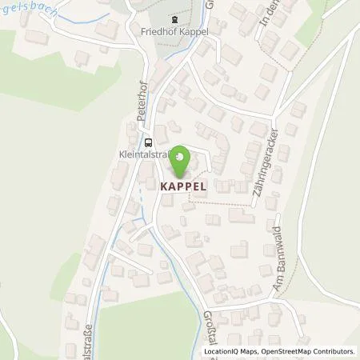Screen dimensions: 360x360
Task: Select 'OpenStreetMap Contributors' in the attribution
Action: pos(310,351)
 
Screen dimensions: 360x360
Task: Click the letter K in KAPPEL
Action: pos(164,183)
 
